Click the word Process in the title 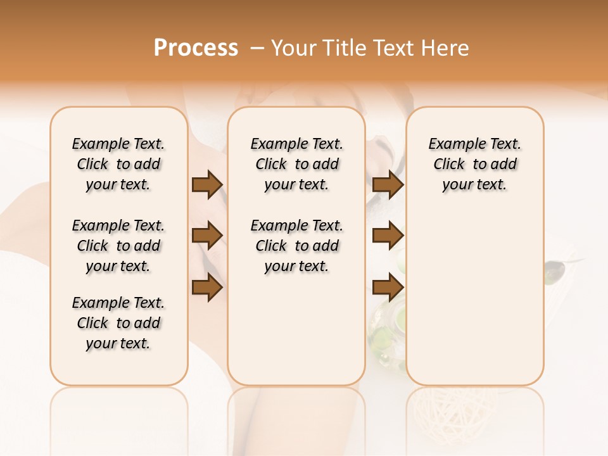tap(196, 48)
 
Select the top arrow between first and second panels tap(207, 184)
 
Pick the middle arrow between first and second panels tap(207, 236)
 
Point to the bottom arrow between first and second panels tap(207, 288)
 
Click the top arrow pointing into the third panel tap(388, 184)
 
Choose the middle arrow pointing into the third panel tap(388, 236)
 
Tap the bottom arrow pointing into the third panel tap(388, 288)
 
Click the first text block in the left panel tap(118, 164)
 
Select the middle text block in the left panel tap(118, 246)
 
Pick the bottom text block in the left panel tap(118, 323)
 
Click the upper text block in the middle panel tap(296, 164)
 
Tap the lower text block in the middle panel tap(296, 246)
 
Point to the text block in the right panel tap(474, 164)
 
